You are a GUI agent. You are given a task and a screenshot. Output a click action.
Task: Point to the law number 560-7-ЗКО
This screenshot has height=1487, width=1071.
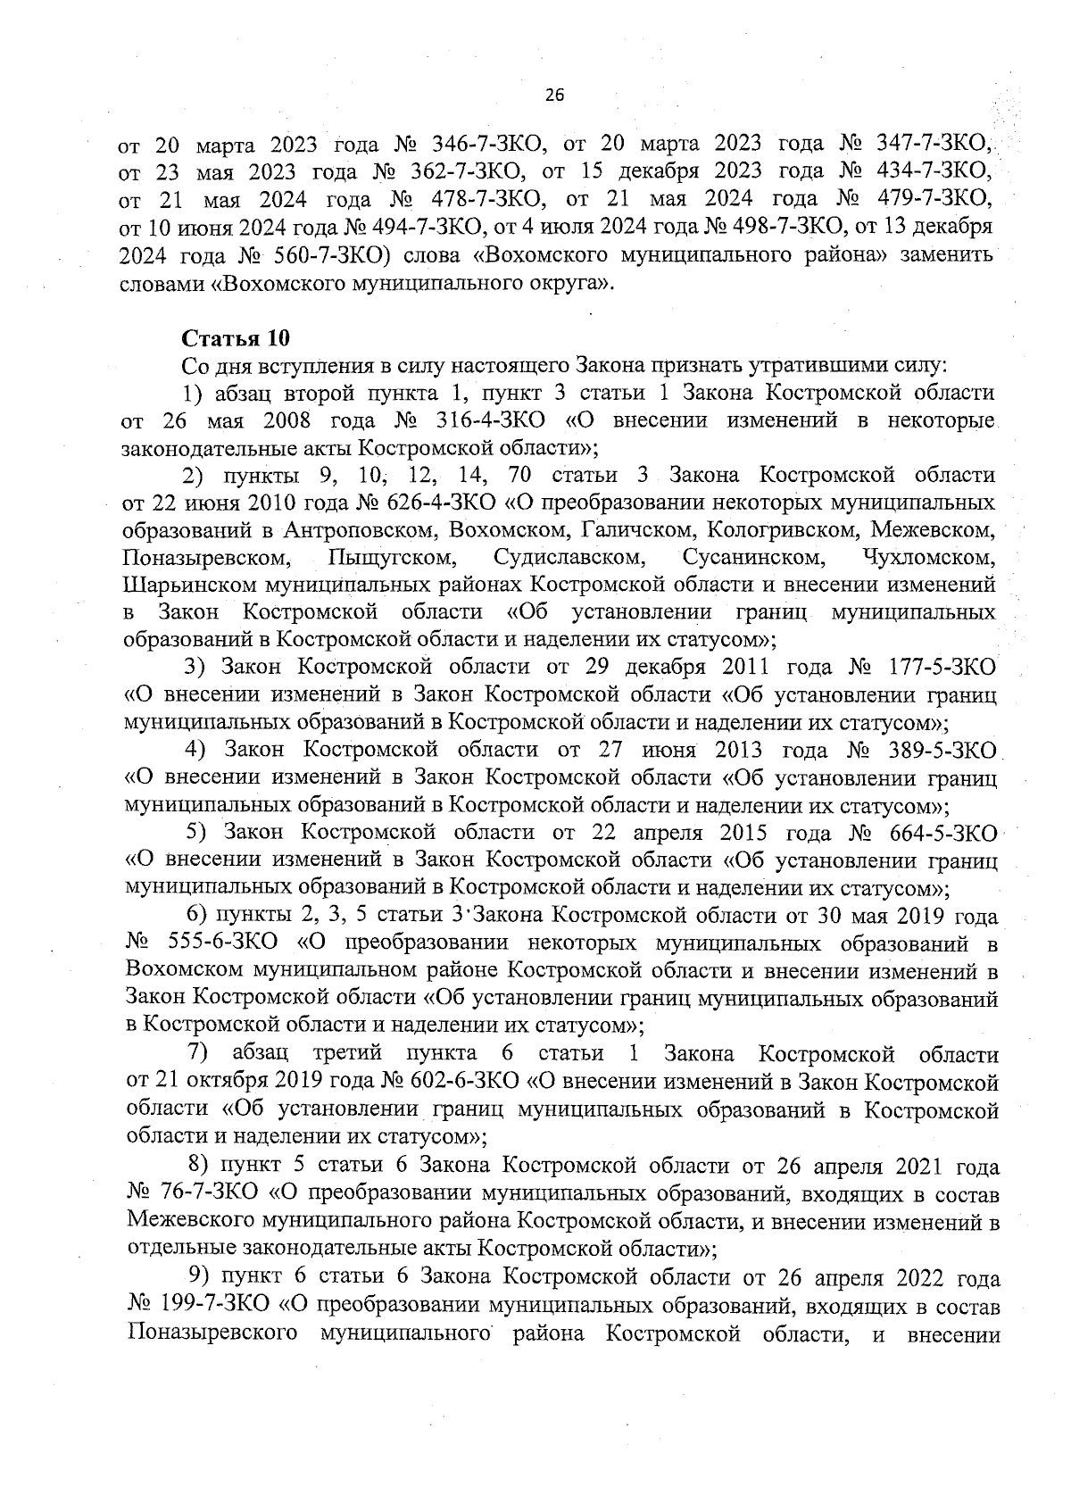pyautogui.click(x=328, y=254)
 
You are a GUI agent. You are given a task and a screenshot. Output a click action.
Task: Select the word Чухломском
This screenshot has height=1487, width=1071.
pyautogui.click(x=929, y=558)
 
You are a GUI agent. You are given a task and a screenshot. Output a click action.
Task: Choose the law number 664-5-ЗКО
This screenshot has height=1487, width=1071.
pyautogui.click(x=942, y=833)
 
